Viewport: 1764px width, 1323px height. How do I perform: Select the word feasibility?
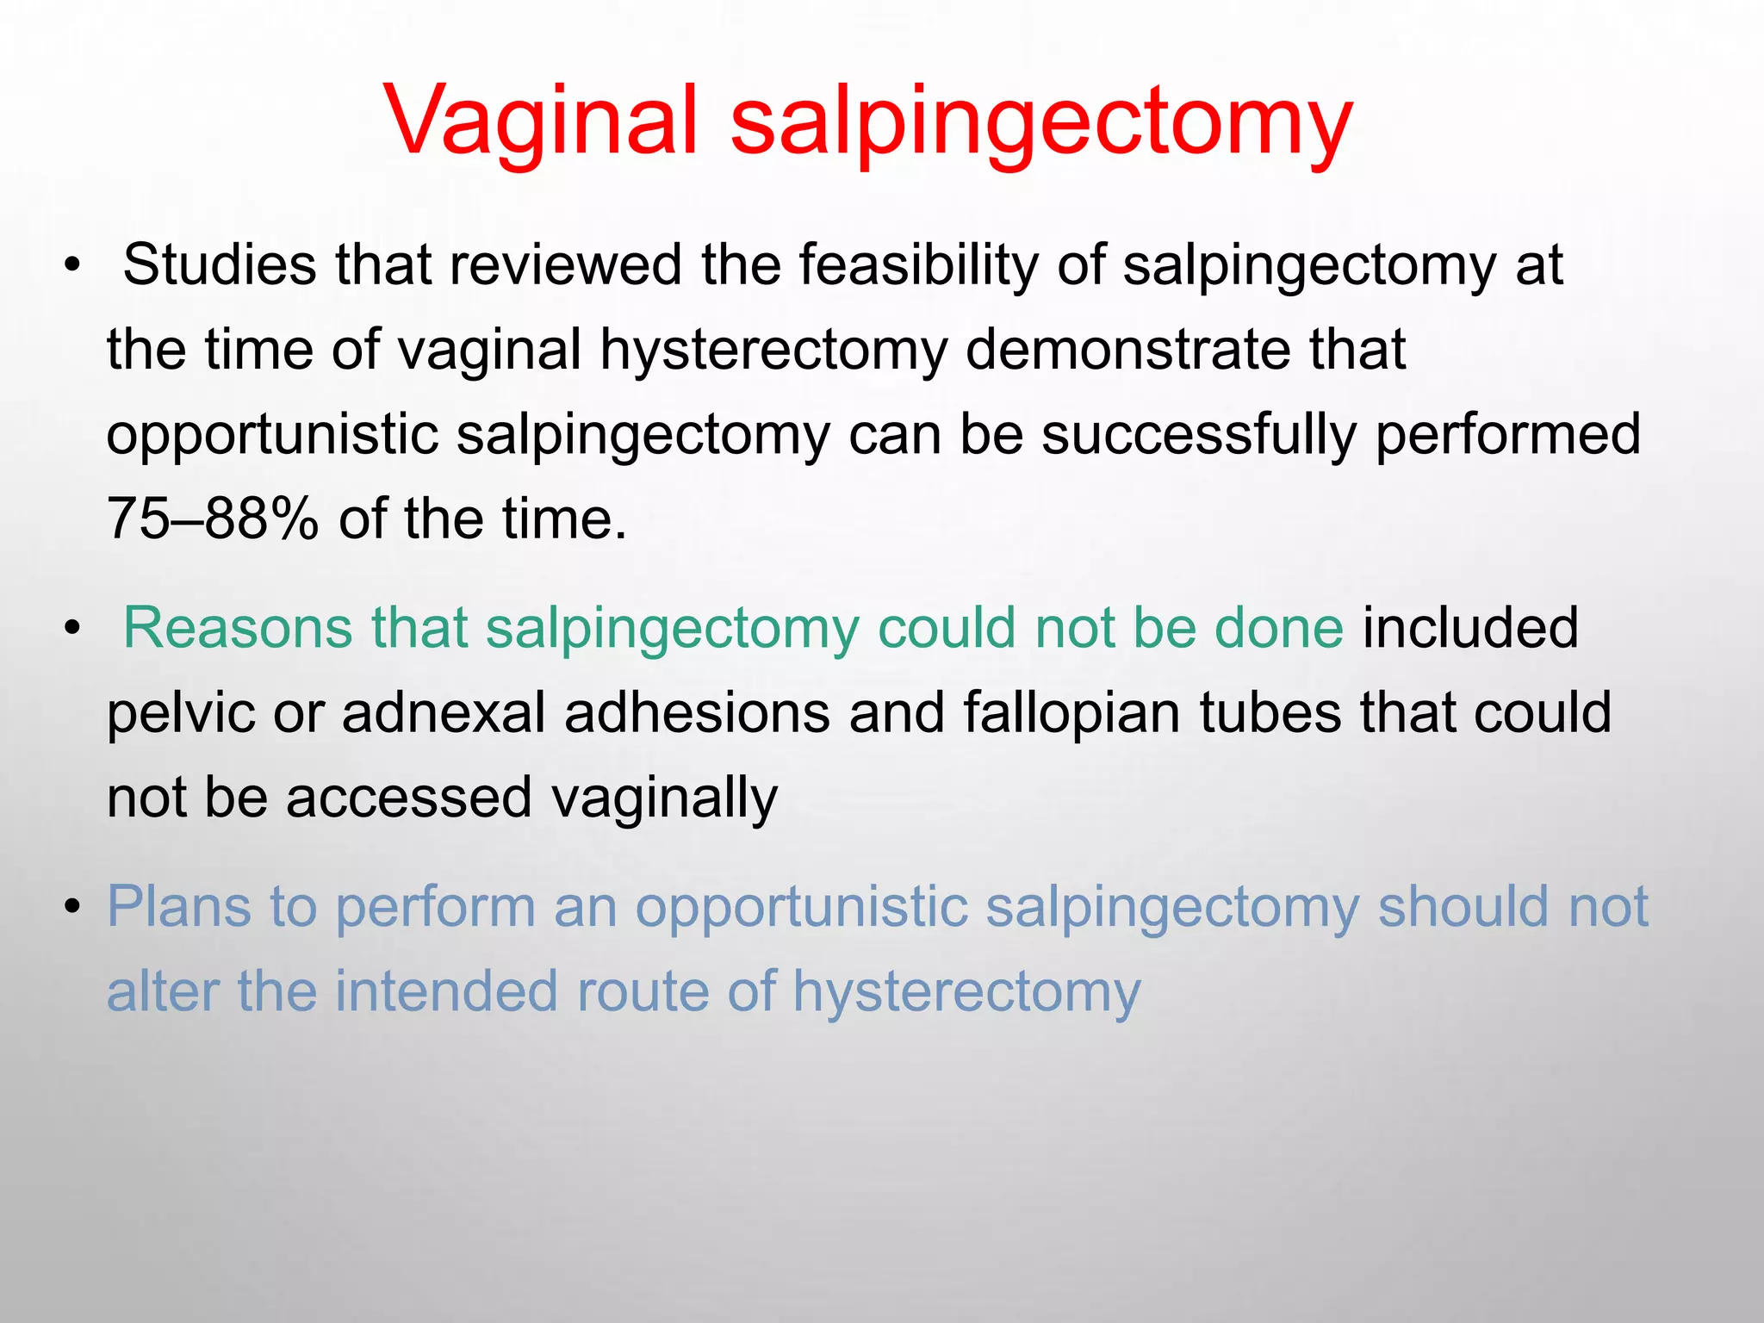pyautogui.click(x=918, y=265)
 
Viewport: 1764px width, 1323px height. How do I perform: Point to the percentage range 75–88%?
pyautogui.click(x=212, y=519)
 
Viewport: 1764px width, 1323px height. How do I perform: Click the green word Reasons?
pyautogui.click(x=238, y=627)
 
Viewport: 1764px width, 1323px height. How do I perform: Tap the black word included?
pyautogui.click(x=1469, y=627)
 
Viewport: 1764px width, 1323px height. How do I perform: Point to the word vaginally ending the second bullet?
pyautogui.click(x=664, y=798)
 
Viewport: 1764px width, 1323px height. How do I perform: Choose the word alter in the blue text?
pyautogui.click(x=162, y=991)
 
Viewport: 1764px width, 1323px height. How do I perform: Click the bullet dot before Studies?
pyautogui.click(x=72, y=266)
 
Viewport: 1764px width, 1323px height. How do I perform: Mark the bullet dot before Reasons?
pyautogui.click(x=72, y=629)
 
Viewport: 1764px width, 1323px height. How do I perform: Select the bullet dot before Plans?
pyautogui.click(x=72, y=908)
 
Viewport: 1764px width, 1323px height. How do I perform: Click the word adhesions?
pyautogui.click(x=697, y=713)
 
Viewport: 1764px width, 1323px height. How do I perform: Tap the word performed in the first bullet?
pyautogui.click(x=1507, y=434)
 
